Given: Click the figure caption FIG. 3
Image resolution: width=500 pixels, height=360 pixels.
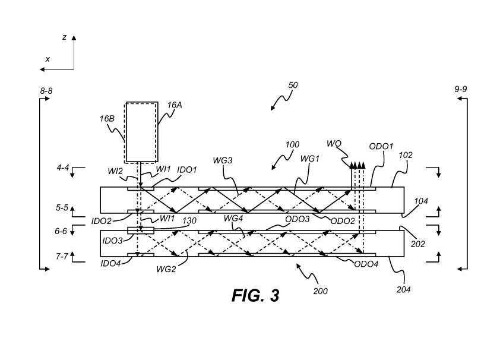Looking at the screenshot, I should [x=255, y=295].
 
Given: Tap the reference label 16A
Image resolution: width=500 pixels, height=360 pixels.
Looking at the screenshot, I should [x=174, y=105].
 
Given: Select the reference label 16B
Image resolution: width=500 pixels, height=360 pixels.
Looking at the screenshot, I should [x=107, y=118].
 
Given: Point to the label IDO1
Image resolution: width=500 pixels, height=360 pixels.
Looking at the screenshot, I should [x=186, y=170].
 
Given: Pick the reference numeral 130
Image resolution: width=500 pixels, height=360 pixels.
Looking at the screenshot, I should [x=189, y=220].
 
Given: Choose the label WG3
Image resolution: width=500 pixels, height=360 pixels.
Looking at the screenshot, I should [x=222, y=160].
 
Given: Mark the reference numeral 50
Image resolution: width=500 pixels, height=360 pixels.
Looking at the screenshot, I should [x=293, y=85].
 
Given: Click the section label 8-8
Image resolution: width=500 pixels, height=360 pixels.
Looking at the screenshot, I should [x=46, y=90].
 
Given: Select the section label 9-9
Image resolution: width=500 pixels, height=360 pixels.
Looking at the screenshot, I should [x=461, y=89].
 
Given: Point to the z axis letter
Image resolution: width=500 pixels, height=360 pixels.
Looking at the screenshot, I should [x=64, y=37].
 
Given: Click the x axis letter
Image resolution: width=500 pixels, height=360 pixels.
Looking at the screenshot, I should [x=48, y=59].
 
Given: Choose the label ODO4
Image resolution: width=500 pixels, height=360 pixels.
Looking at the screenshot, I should [x=366, y=264].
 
